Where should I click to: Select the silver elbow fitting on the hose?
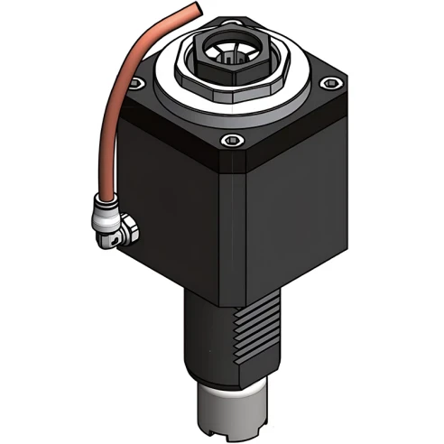point(116,225)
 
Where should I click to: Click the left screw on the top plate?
point(136,84)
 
